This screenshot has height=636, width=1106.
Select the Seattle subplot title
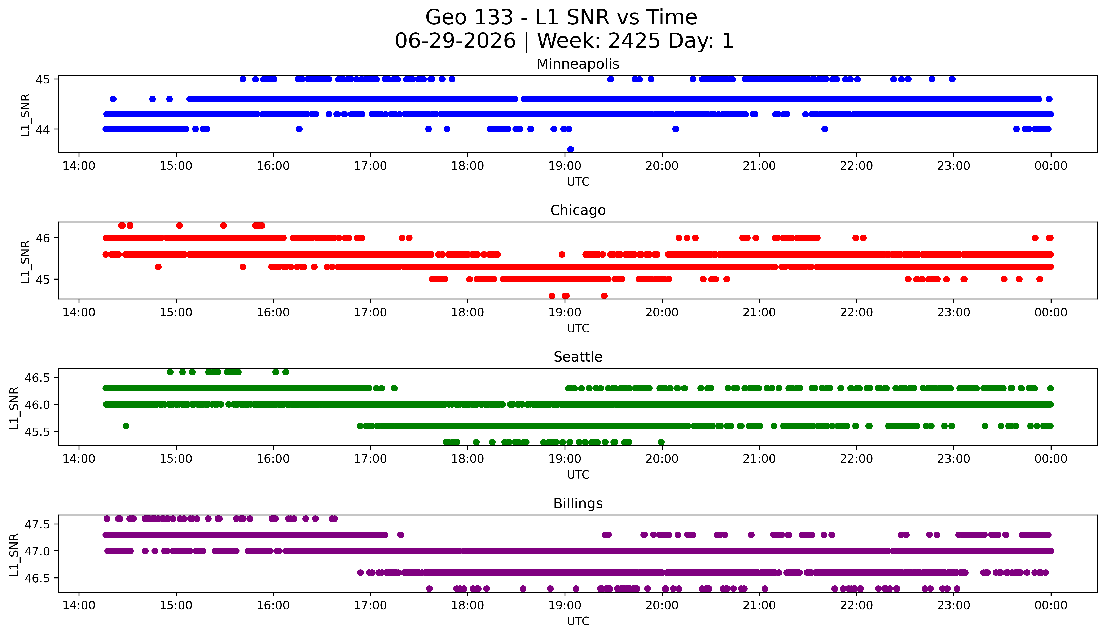pyautogui.click(x=578, y=357)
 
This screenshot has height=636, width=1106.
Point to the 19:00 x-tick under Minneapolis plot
pyautogui.click(x=565, y=166)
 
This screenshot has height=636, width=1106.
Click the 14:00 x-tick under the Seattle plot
pyautogui.click(x=79, y=459)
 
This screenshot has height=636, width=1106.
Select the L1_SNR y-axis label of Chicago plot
pyautogui.click(x=25, y=261)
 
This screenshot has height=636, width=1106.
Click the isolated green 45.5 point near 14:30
pyautogui.click(x=126, y=426)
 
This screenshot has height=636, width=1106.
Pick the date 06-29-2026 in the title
pyautogui.click(x=455, y=41)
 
